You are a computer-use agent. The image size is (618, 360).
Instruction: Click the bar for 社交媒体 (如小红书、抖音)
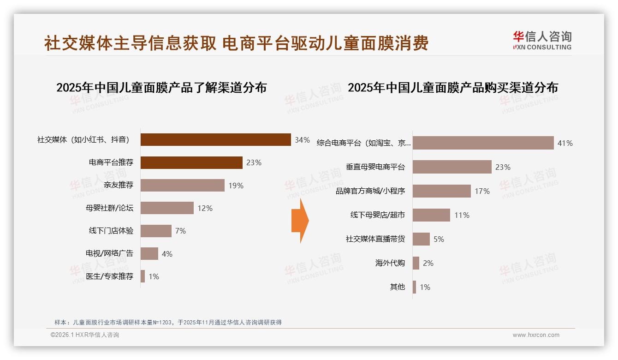(x=215, y=140)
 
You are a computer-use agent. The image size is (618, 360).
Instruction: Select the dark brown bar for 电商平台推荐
(x=191, y=162)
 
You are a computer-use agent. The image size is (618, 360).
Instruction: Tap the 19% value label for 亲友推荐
(x=236, y=186)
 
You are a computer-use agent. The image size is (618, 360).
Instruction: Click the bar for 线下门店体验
(x=156, y=231)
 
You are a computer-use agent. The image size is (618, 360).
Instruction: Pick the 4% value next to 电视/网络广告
(x=167, y=254)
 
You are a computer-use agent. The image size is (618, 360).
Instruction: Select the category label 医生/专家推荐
(x=109, y=276)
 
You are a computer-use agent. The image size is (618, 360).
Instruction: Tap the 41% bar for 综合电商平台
(x=483, y=143)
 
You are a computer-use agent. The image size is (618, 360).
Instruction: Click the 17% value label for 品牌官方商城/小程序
(x=482, y=191)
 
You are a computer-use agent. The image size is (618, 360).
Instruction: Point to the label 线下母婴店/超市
(x=377, y=215)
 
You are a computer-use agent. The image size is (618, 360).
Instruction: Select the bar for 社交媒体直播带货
(x=421, y=239)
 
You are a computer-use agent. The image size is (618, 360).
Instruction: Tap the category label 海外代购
(x=390, y=263)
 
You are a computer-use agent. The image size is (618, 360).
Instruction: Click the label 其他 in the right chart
(x=397, y=287)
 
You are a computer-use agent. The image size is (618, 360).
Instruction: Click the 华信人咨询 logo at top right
(x=542, y=41)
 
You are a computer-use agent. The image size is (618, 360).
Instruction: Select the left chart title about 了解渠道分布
(x=161, y=88)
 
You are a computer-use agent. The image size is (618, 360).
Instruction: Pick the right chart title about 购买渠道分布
(x=452, y=88)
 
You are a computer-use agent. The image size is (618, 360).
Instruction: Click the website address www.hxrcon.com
(x=536, y=335)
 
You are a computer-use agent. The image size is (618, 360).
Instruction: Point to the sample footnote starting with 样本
(x=168, y=322)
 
